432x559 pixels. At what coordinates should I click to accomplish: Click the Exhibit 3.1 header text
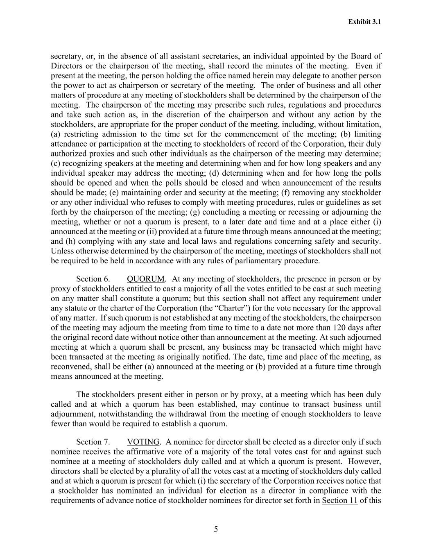coord(364,22)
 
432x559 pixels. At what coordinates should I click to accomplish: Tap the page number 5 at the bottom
coord(216,529)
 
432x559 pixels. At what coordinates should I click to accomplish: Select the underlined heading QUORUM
coord(146,279)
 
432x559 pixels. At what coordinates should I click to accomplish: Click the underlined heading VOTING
coord(143,442)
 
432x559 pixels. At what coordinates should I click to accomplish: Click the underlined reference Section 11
coord(340,500)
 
